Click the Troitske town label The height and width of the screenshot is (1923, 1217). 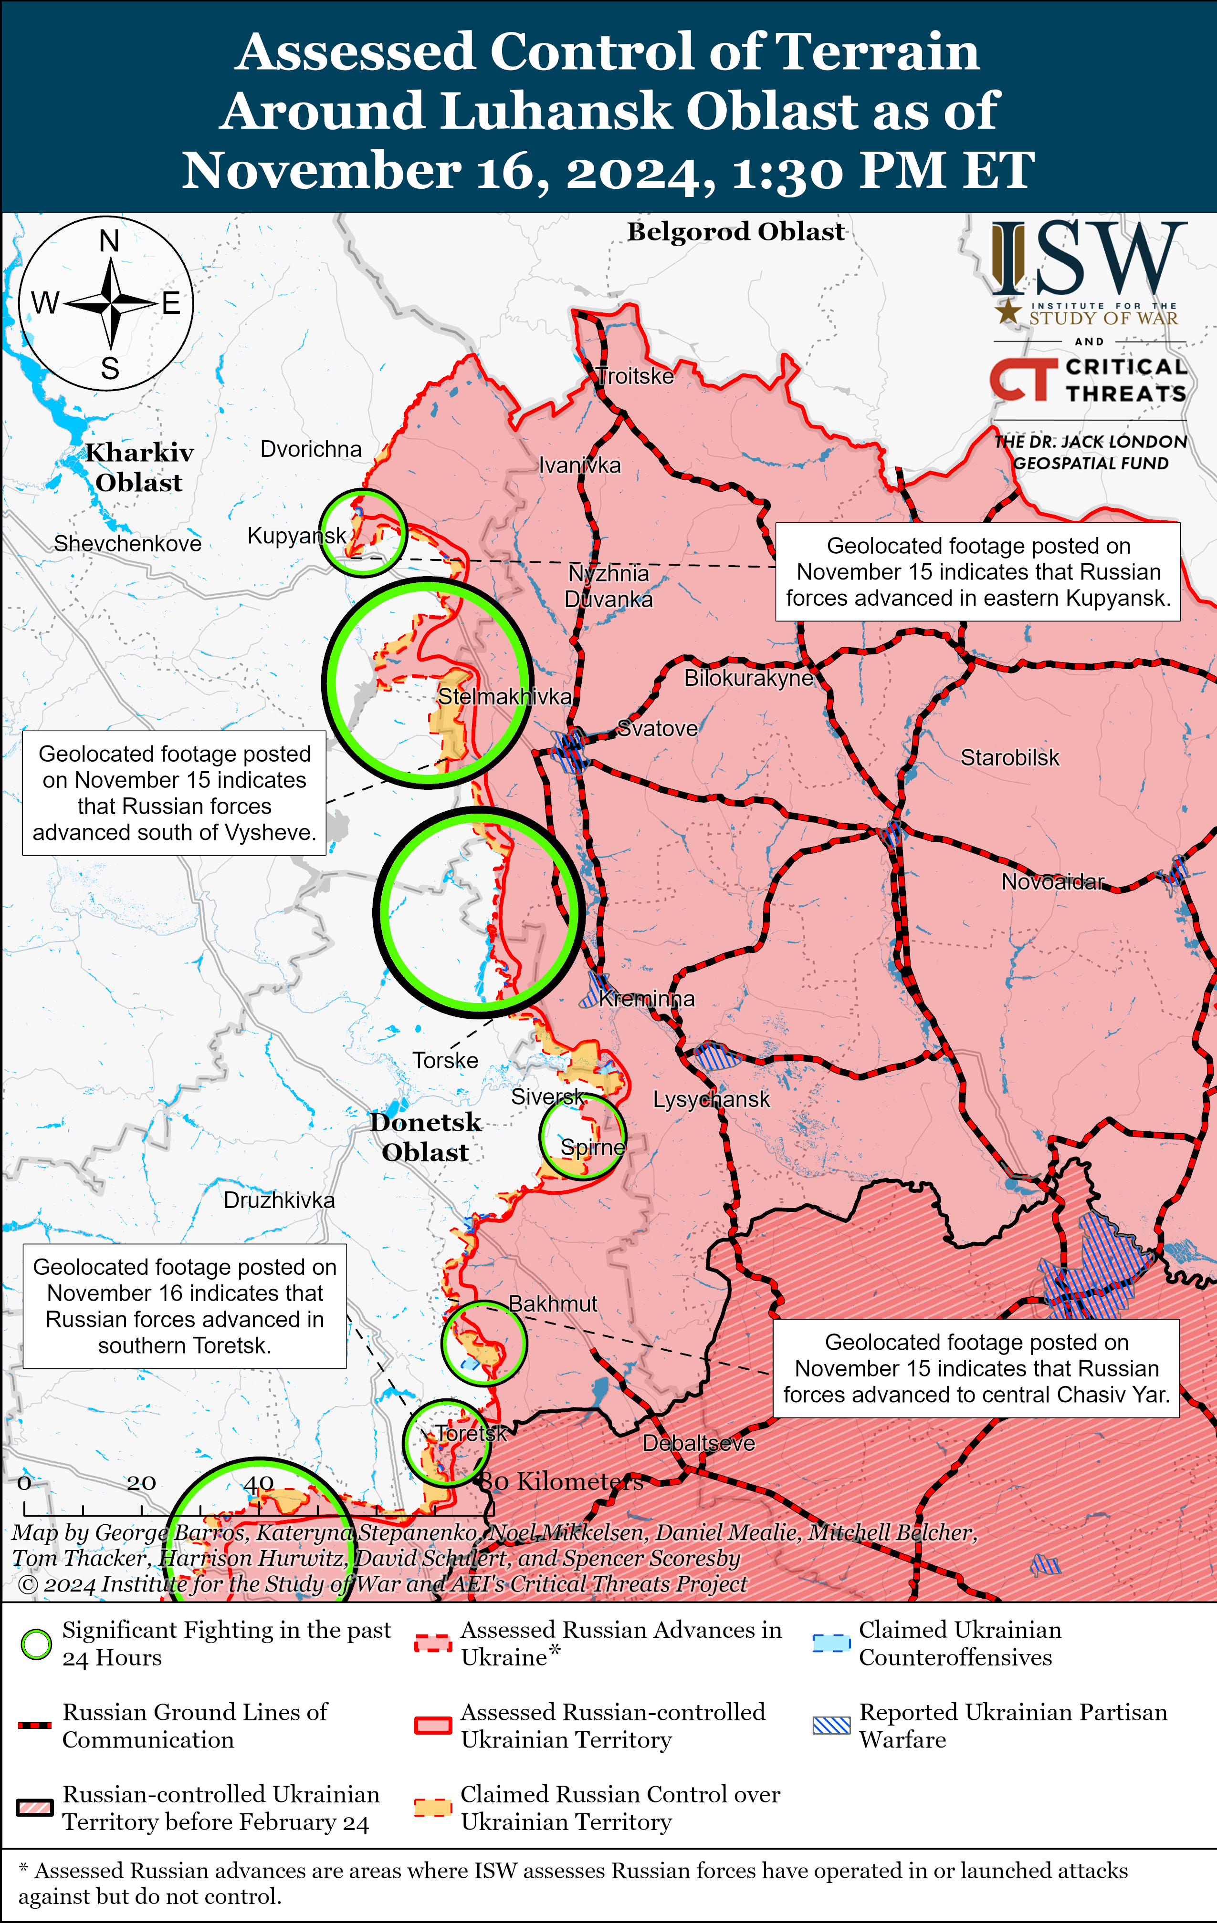point(636,376)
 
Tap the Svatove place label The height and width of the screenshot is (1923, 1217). point(658,728)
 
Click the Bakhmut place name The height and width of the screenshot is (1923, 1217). point(553,1303)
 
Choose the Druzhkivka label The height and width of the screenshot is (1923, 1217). point(279,1200)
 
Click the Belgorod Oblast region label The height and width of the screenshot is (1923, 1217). point(735,232)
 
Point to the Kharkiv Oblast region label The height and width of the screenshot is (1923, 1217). point(139,467)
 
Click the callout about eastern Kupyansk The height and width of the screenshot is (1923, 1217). point(977,572)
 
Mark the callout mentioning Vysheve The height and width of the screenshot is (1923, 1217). point(174,793)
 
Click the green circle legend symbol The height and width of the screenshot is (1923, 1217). point(36,1644)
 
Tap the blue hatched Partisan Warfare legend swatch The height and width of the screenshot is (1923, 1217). point(831,1725)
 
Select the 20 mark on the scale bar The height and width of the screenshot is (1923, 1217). point(141,1483)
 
